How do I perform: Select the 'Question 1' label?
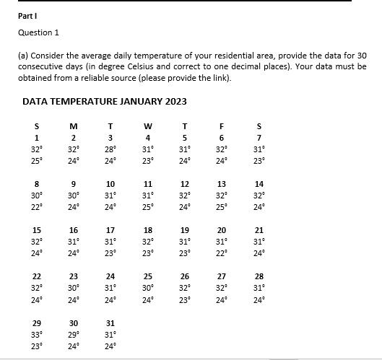tap(39, 32)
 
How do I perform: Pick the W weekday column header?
tap(147, 126)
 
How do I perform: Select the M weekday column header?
tap(73, 126)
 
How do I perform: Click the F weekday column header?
tap(222, 126)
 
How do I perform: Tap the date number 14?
tap(259, 184)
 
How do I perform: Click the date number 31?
tap(110, 322)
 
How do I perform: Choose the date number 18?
tap(147, 230)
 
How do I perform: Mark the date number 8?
tap(36, 184)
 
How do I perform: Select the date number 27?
tap(222, 276)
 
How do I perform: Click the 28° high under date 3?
tap(110, 149)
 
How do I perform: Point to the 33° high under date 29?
tap(37, 334)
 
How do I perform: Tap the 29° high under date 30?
tap(74, 334)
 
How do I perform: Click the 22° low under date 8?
tap(37, 207)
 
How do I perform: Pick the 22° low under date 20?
tap(222, 253)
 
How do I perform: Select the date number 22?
tap(36, 276)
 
